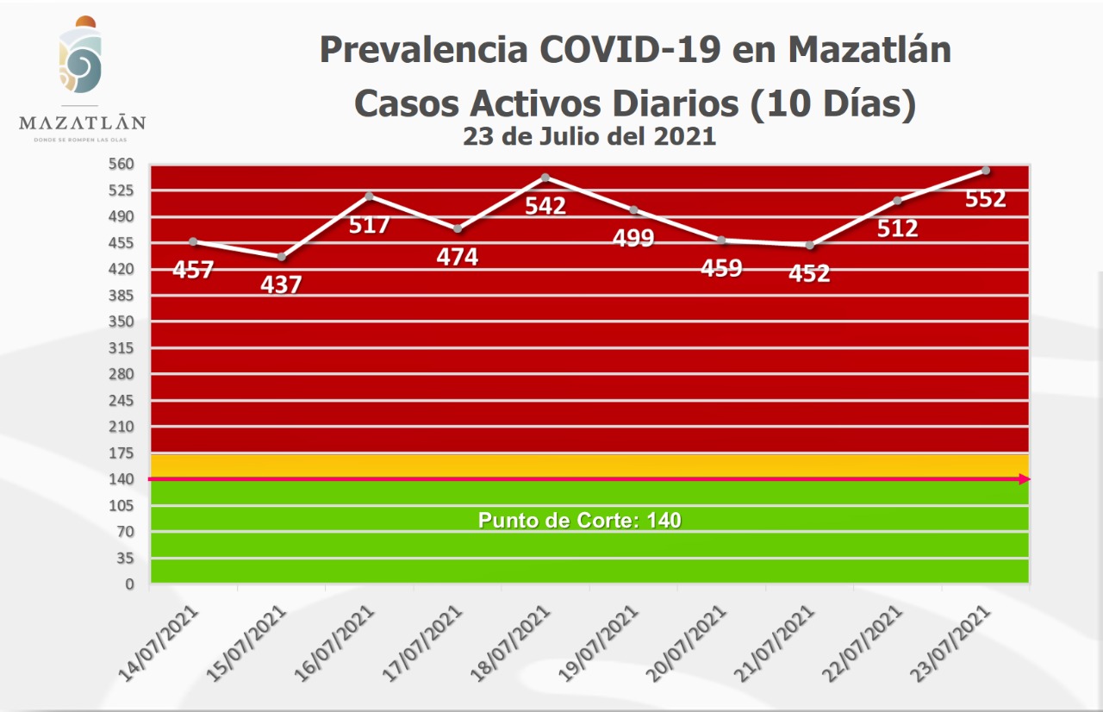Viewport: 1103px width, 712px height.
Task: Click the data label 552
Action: point(986,199)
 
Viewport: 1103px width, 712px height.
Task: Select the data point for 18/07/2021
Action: point(545,178)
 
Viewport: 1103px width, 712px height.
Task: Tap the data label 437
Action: point(281,284)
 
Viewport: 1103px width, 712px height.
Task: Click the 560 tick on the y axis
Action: point(124,164)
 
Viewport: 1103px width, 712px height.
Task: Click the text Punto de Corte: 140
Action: point(580,521)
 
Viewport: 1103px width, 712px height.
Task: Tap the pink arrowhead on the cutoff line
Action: point(1025,479)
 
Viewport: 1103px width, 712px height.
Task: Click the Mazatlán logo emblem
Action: point(81,59)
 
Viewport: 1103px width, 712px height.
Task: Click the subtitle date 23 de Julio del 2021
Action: point(589,136)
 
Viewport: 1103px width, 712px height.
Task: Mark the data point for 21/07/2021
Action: point(810,246)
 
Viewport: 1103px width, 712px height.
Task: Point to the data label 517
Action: point(369,226)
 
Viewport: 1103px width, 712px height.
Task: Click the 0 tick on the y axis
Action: point(130,584)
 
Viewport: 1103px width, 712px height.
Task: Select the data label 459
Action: point(721,268)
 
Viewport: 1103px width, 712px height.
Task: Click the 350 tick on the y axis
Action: point(124,322)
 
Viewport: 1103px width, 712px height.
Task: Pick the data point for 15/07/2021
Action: point(281,257)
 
